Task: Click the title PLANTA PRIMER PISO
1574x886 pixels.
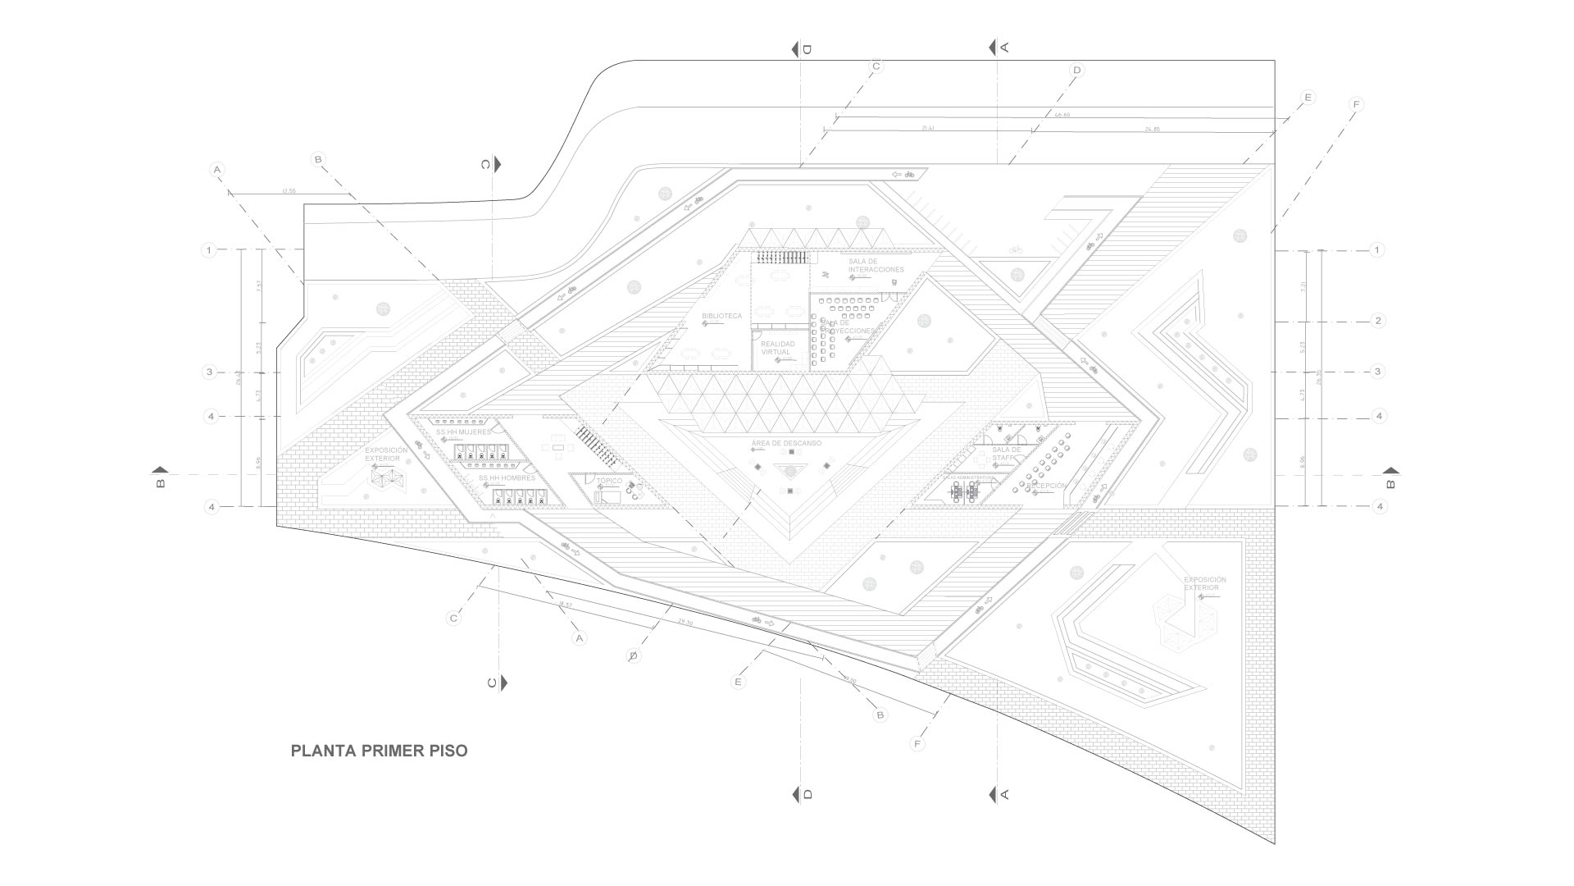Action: click(x=379, y=751)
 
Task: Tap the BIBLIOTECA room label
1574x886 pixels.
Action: click(x=721, y=316)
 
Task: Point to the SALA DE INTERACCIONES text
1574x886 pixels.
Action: click(x=876, y=265)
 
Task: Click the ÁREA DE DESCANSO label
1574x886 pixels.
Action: click(x=786, y=443)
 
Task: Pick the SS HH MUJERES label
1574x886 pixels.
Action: click(x=463, y=432)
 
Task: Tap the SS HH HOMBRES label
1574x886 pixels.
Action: click(x=507, y=477)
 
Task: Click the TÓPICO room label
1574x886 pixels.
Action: click(x=608, y=481)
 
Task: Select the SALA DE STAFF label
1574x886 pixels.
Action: click(x=1006, y=454)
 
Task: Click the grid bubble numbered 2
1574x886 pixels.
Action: click(x=1378, y=321)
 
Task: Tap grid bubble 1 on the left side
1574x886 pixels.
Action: click(x=210, y=249)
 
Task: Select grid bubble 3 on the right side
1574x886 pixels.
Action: click(x=1378, y=372)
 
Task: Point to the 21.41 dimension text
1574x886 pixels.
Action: click(x=928, y=129)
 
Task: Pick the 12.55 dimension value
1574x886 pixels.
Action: click(x=288, y=191)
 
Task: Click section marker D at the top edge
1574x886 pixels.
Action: click(x=801, y=49)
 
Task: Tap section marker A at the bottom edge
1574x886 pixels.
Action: click(x=999, y=794)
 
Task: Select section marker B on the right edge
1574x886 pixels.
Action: click(x=1390, y=477)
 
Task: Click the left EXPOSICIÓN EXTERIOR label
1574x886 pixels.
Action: click(x=385, y=454)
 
